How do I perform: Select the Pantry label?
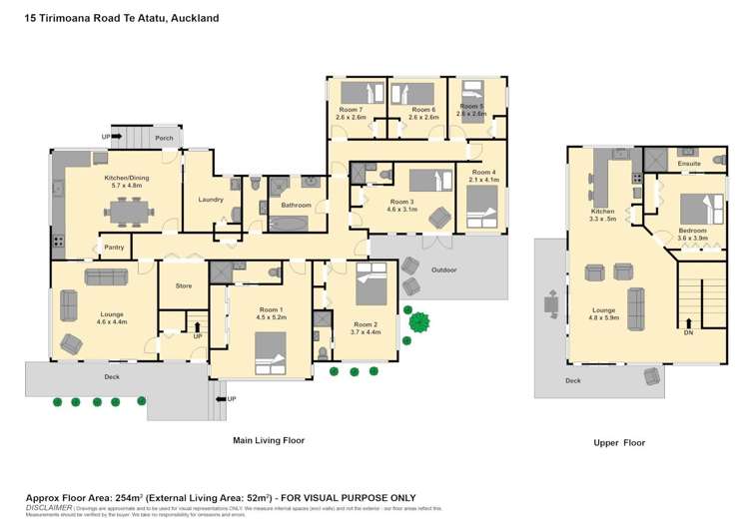coord(113,247)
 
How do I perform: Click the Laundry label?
coord(211,199)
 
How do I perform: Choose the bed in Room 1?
coord(270,351)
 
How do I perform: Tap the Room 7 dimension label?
coord(352,117)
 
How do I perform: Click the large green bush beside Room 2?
coord(418,321)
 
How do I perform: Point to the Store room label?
coord(183,285)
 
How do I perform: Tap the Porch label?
coord(164,139)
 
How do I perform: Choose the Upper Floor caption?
coord(620,442)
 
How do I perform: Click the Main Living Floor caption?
coord(269,439)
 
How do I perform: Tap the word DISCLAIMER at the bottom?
coord(48,507)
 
